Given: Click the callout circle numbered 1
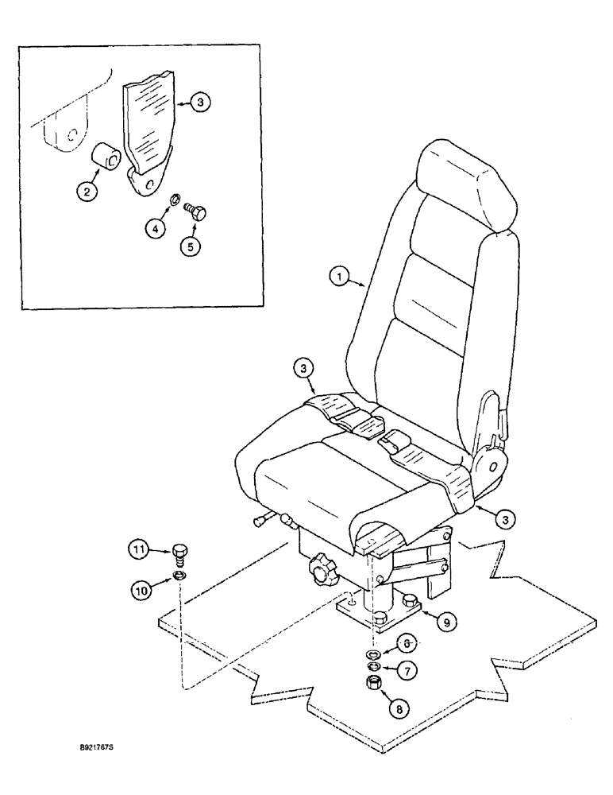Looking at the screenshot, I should click(340, 277).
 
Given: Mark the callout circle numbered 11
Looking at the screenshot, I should click(140, 548).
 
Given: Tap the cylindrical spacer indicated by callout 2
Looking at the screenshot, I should click(107, 155).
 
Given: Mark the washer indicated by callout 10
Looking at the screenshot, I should click(180, 576).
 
